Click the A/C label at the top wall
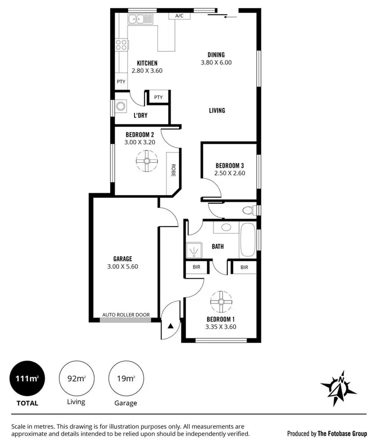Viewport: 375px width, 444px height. (179, 16)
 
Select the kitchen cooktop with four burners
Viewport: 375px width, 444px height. (121, 45)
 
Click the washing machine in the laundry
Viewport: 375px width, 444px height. (121, 106)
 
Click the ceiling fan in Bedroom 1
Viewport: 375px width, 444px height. (220, 302)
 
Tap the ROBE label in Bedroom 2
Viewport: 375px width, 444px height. (173, 170)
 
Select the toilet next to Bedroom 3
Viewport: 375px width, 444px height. (248, 210)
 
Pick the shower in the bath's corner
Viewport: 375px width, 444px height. (192, 250)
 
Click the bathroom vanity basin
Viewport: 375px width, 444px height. (226, 228)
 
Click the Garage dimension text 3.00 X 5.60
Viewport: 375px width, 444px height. (122, 267)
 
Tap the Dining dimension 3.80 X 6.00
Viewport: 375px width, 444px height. (216, 63)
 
